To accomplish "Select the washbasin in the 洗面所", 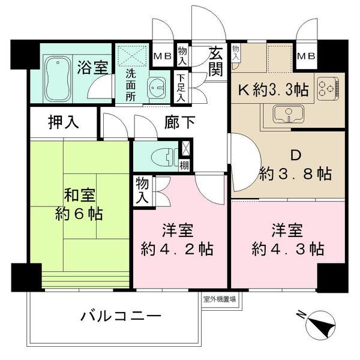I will point(157,88).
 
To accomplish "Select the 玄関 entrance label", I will point(215,61).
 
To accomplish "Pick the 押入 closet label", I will point(64,123).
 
